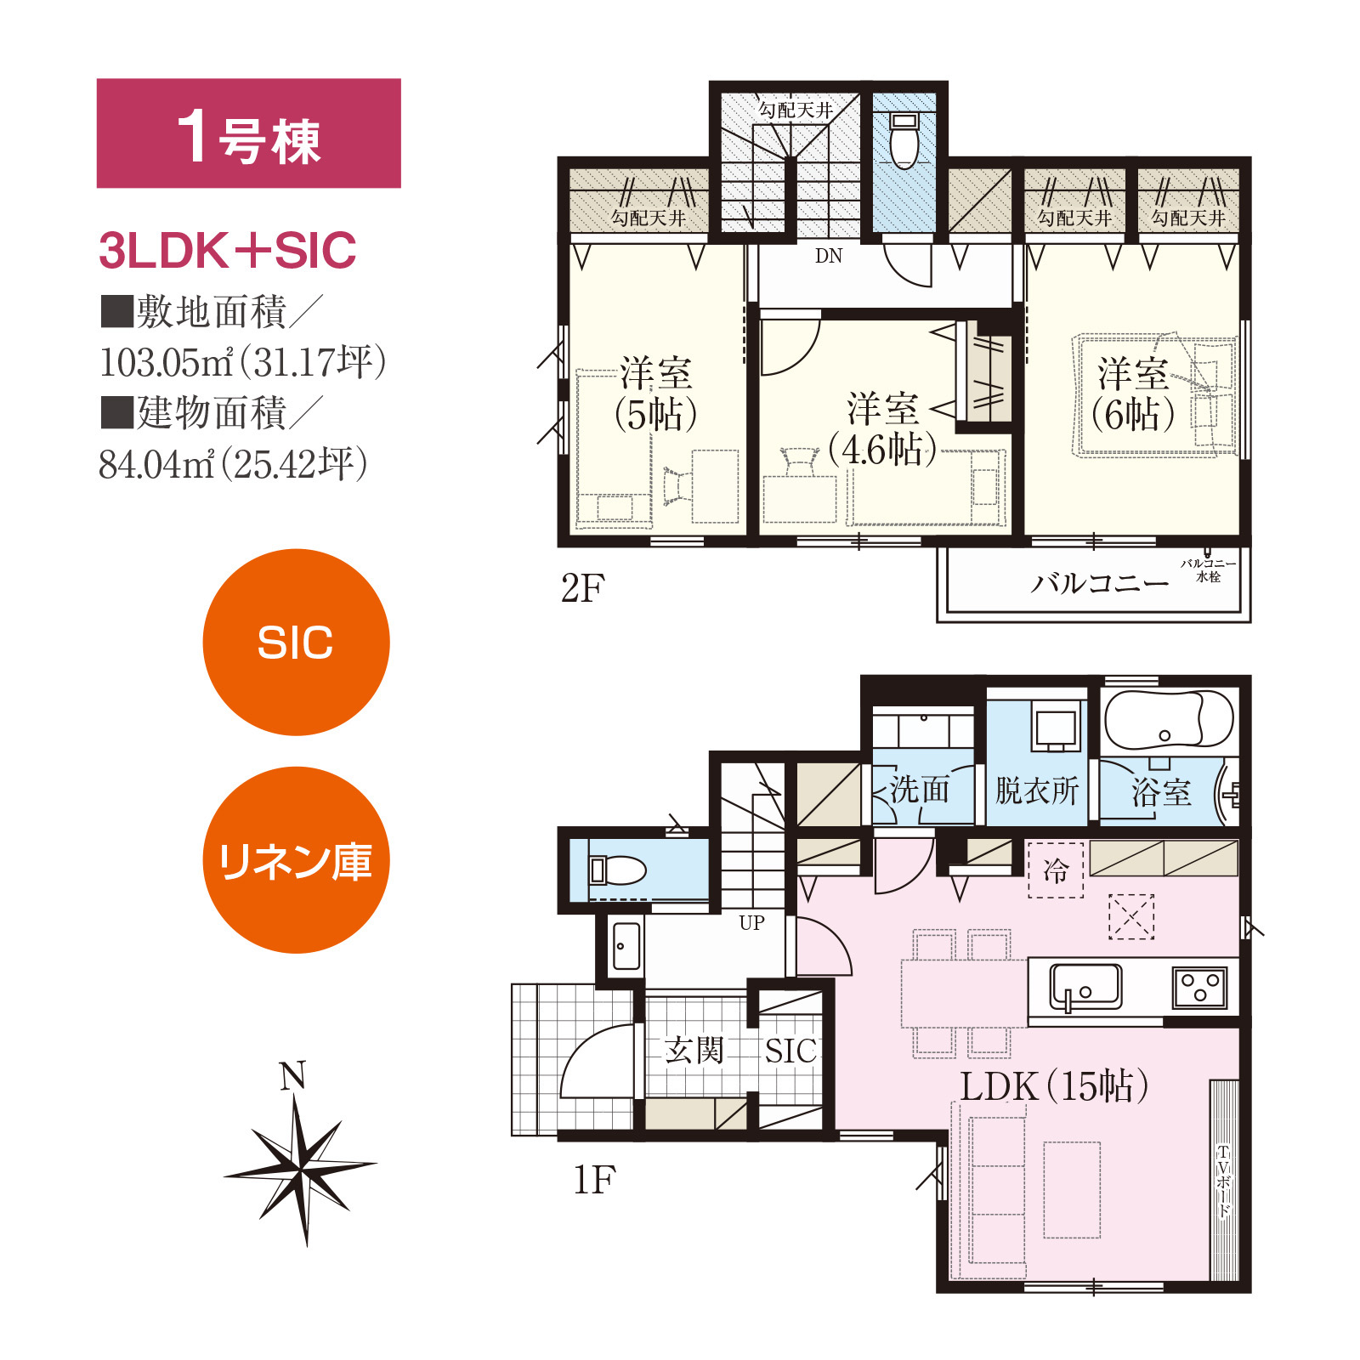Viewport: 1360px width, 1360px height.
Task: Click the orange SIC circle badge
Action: click(296, 642)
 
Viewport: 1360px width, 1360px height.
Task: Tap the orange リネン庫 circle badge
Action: click(296, 859)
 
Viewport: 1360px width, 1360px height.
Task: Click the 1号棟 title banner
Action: click(248, 133)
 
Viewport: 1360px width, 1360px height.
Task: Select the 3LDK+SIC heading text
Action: click(227, 251)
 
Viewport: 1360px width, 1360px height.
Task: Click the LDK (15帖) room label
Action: click(1054, 1085)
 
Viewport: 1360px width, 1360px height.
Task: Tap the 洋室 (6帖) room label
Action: click(1133, 394)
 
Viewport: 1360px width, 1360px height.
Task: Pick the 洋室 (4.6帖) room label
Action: click(883, 430)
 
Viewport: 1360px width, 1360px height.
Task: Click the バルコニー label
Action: click(1100, 583)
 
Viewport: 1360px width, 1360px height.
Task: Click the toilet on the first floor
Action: click(618, 870)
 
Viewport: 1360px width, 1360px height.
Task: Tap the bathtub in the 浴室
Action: click(1169, 721)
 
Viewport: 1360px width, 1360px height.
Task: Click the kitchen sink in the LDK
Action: click(1085, 986)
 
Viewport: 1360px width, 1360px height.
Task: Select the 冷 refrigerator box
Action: click(1056, 870)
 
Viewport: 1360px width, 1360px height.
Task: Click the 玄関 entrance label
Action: click(694, 1050)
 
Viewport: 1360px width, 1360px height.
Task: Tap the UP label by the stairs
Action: click(751, 923)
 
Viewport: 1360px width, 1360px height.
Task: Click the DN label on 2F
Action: click(829, 256)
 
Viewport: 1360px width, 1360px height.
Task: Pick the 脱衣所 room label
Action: click(1037, 790)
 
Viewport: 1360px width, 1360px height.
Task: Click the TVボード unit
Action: click(1224, 1180)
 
